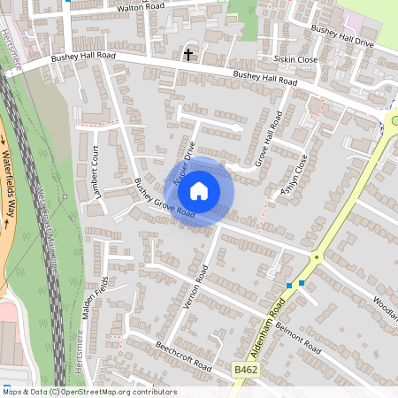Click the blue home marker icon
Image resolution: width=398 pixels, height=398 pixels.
[x=199, y=190]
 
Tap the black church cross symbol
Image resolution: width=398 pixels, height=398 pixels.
[x=188, y=55]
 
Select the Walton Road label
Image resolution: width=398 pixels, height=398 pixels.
[x=142, y=8]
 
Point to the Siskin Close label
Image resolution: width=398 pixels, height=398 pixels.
[x=296, y=60]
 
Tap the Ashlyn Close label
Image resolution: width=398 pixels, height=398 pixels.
[x=295, y=175]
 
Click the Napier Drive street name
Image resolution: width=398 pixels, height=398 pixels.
[x=183, y=160]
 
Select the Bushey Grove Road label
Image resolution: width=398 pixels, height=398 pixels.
[x=165, y=199]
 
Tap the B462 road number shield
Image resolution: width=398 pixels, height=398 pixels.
[x=246, y=368]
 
